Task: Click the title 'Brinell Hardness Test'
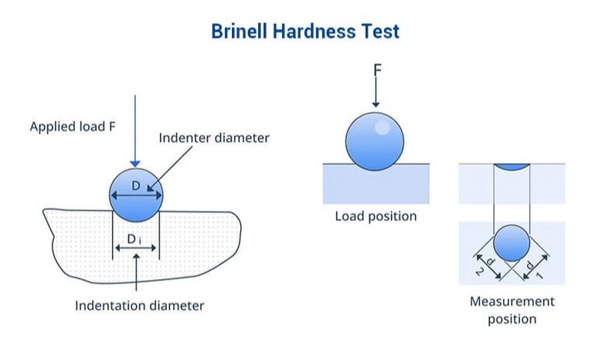pyautogui.click(x=305, y=31)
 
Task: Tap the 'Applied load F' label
pyautogui.click(x=73, y=127)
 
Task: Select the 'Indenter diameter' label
pyautogui.click(x=214, y=138)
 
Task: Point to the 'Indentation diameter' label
pyautogui.click(x=139, y=305)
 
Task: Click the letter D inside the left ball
pyautogui.click(x=136, y=185)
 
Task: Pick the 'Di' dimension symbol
pyautogui.click(x=134, y=239)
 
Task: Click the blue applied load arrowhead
pyautogui.click(x=135, y=164)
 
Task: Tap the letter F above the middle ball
pyautogui.click(x=377, y=70)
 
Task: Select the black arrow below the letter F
pyautogui.click(x=376, y=92)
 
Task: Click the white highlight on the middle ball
pyautogui.click(x=382, y=127)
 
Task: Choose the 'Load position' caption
pyautogui.click(x=376, y=216)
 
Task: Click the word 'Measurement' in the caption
pyautogui.click(x=512, y=301)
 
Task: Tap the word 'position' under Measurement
pyautogui.click(x=512, y=319)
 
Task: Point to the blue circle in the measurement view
pyautogui.click(x=512, y=243)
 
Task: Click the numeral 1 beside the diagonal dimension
pyautogui.click(x=539, y=276)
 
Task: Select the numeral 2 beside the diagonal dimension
pyautogui.click(x=480, y=272)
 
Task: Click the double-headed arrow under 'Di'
pyautogui.click(x=135, y=248)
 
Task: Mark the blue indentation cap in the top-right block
pyautogui.click(x=512, y=167)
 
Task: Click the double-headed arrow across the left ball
pyautogui.click(x=136, y=195)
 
